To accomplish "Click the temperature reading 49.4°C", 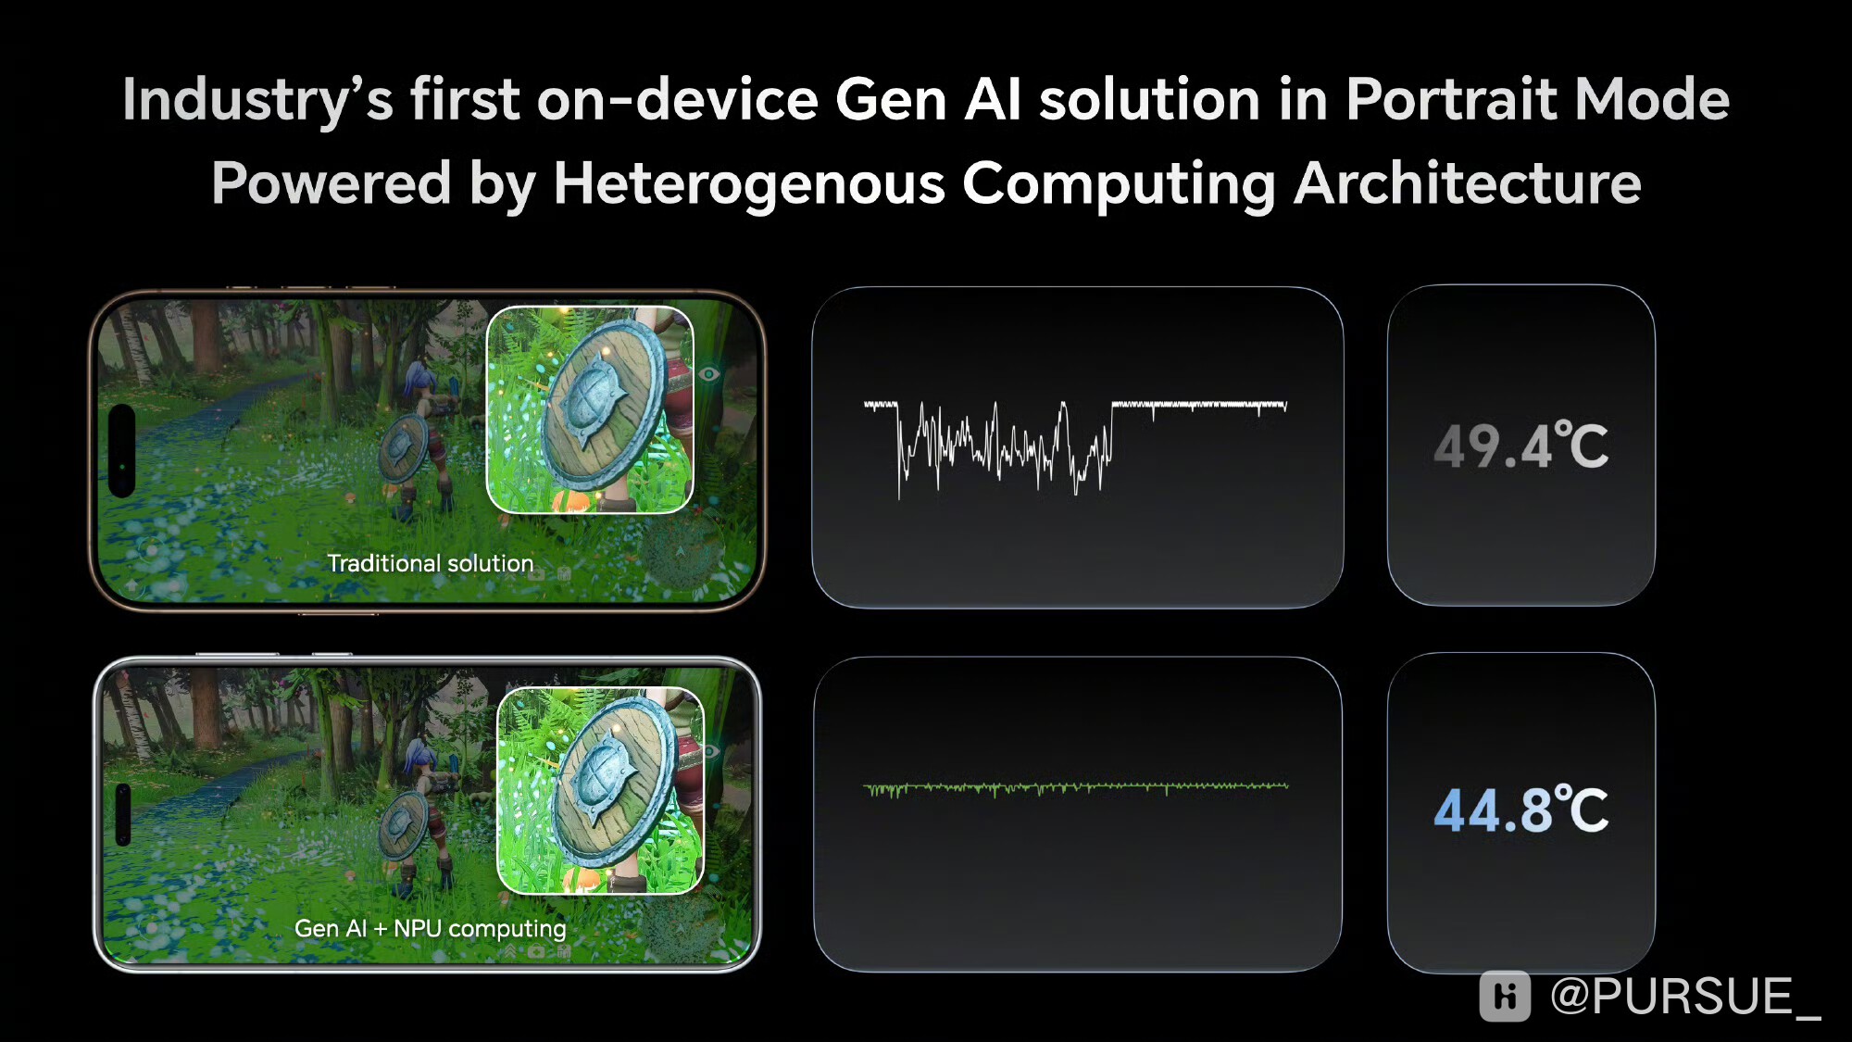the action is [x=1520, y=446].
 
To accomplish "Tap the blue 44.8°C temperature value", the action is [x=1520, y=810].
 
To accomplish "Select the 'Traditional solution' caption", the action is [x=431, y=563].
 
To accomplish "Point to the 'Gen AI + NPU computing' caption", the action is [x=431, y=928].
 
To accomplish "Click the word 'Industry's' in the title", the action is [x=258, y=100].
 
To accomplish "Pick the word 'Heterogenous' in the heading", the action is [x=749, y=182].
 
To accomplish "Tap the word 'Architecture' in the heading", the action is [x=1468, y=182].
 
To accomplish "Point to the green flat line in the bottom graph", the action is [x=1075, y=787].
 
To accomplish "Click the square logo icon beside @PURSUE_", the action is [x=1505, y=997].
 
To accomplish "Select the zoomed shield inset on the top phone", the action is [x=590, y=409].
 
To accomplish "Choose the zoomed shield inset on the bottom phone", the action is [x=601, y=791].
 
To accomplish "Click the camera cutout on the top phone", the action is [x=122, y=451].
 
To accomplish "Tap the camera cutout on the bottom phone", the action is [x=123, y=815].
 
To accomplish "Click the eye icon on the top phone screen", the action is [x=709, y=374].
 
